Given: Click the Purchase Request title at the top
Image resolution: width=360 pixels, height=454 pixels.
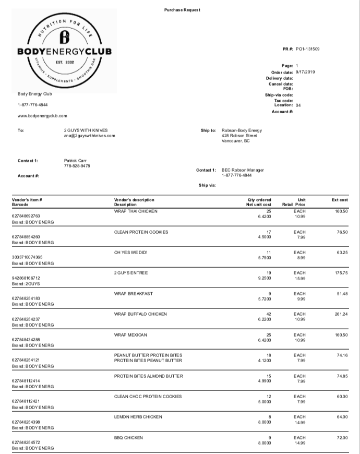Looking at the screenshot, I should point(182,10).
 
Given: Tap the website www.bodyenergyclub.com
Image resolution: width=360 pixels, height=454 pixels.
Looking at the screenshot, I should point(42,116).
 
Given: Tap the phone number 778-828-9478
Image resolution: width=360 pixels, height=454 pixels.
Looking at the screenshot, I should point(77,166).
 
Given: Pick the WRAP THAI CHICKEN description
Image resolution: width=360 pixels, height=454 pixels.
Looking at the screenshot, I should point(136,211).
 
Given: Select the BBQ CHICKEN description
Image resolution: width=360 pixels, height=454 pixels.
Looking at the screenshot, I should point(128,437).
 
